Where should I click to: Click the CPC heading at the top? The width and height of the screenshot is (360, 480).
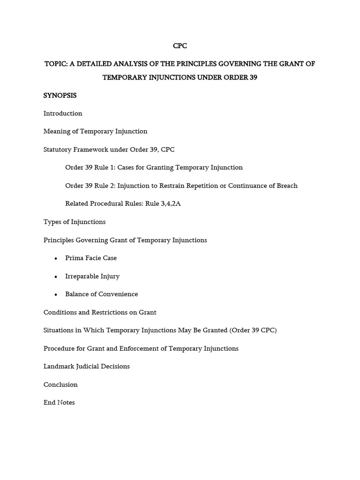(x=180, y=45)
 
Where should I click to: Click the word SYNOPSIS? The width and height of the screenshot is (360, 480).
(x=60, y=95)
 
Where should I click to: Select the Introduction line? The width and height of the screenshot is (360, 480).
(x=63, y=113)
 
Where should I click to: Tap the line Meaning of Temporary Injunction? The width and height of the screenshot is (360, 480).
(x=95, y=131)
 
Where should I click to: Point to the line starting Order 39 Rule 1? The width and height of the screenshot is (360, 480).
(x=154, y=167)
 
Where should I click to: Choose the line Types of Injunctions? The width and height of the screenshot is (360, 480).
(x=75, y=222)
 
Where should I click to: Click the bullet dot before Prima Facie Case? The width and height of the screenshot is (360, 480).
(x=56, y=258)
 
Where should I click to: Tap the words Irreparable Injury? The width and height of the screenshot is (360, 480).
(x=92, y=276)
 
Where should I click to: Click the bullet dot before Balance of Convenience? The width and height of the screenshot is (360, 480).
(x=56, y=294)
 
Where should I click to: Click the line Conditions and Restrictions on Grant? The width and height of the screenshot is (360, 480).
(x=100, y=312)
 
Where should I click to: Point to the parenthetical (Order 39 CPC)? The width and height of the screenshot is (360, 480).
(x=253, y=330)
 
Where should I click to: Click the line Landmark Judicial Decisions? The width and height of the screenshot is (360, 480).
(x=87, y=366)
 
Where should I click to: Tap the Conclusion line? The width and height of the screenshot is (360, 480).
(x=60, y=384)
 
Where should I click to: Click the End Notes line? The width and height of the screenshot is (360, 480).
(x=59, y=402)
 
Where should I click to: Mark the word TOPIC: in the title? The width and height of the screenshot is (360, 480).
(x=56, y=64)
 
